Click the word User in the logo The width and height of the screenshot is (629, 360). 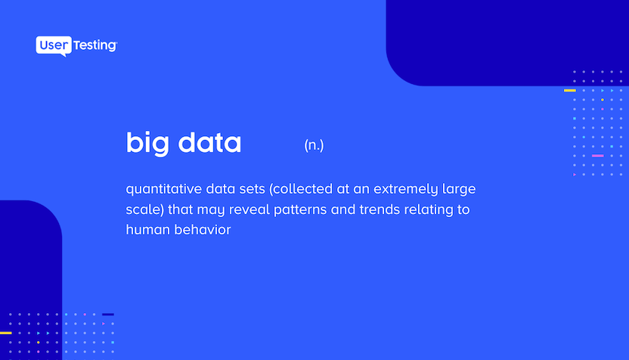point(54,45)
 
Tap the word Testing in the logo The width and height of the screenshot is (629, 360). point(95,45)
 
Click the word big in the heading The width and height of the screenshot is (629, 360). point(147,143)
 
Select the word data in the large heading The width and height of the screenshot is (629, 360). point(209,142)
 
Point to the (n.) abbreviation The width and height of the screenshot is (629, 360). point(314,145)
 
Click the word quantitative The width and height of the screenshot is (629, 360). point(163,189)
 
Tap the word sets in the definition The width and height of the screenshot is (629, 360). point(253,189)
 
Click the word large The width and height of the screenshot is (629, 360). point(459,189)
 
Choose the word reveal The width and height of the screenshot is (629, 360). point(249,209)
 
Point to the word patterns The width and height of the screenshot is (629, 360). point(300,210)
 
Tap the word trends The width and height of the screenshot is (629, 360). point(380,209)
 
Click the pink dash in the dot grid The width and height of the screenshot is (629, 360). point(598,156)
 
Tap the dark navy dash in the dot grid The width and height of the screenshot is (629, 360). point(108,315)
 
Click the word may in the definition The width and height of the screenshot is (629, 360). point(211,210)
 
